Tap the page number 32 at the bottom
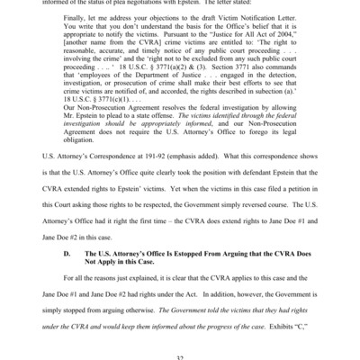(180, 357)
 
